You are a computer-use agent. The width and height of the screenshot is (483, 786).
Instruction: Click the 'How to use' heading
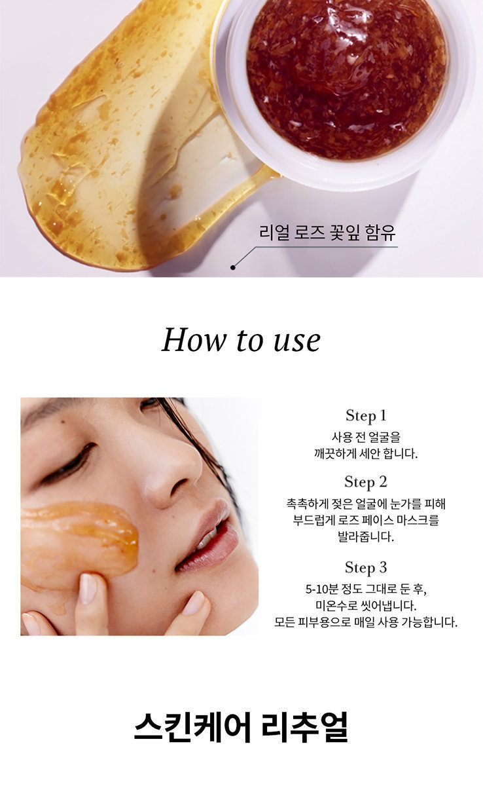tap(241, 340)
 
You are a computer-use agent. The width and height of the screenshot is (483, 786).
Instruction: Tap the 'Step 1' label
tap(366, 415)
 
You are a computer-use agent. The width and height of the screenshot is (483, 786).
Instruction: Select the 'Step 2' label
tap(366, 482)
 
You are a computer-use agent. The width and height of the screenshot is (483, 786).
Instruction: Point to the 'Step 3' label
tap(366, 568)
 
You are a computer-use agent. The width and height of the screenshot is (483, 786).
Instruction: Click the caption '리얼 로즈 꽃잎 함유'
tap(327, 233)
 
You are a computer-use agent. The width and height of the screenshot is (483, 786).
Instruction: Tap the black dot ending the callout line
tap(233, 267)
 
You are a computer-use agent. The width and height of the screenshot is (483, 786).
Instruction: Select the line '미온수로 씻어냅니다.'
tap(366, 606)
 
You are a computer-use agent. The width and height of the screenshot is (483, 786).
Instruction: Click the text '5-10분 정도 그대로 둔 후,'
tap(366, 589)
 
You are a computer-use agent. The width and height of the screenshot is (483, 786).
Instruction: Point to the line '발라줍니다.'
tap(366, 536)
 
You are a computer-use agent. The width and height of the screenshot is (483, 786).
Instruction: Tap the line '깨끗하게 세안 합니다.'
tap(366, 454)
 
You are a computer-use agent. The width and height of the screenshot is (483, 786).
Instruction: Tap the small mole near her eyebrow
tap(63, 422)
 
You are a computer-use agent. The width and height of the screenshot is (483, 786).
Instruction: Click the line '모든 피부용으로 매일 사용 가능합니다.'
tap(366, 622)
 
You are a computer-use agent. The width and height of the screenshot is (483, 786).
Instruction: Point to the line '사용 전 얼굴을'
tap(366, 438)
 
